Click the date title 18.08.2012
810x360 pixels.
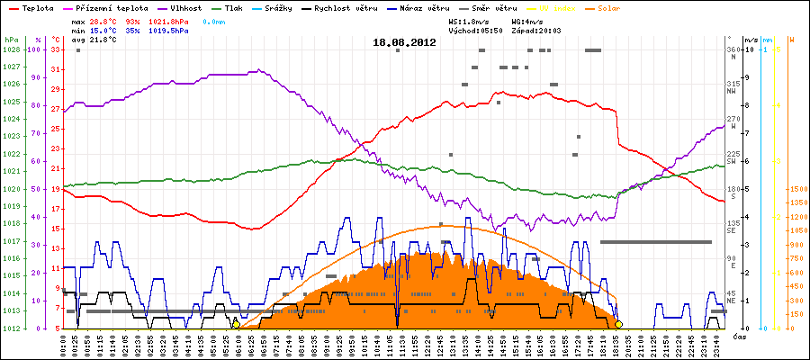[x=404, y=41]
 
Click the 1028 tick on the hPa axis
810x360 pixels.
[x=11, y=49]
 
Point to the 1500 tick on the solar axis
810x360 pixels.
[x=797, y=189]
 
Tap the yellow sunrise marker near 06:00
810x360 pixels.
[x=236, y=324]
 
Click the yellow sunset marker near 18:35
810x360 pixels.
[x=619, y=324]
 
